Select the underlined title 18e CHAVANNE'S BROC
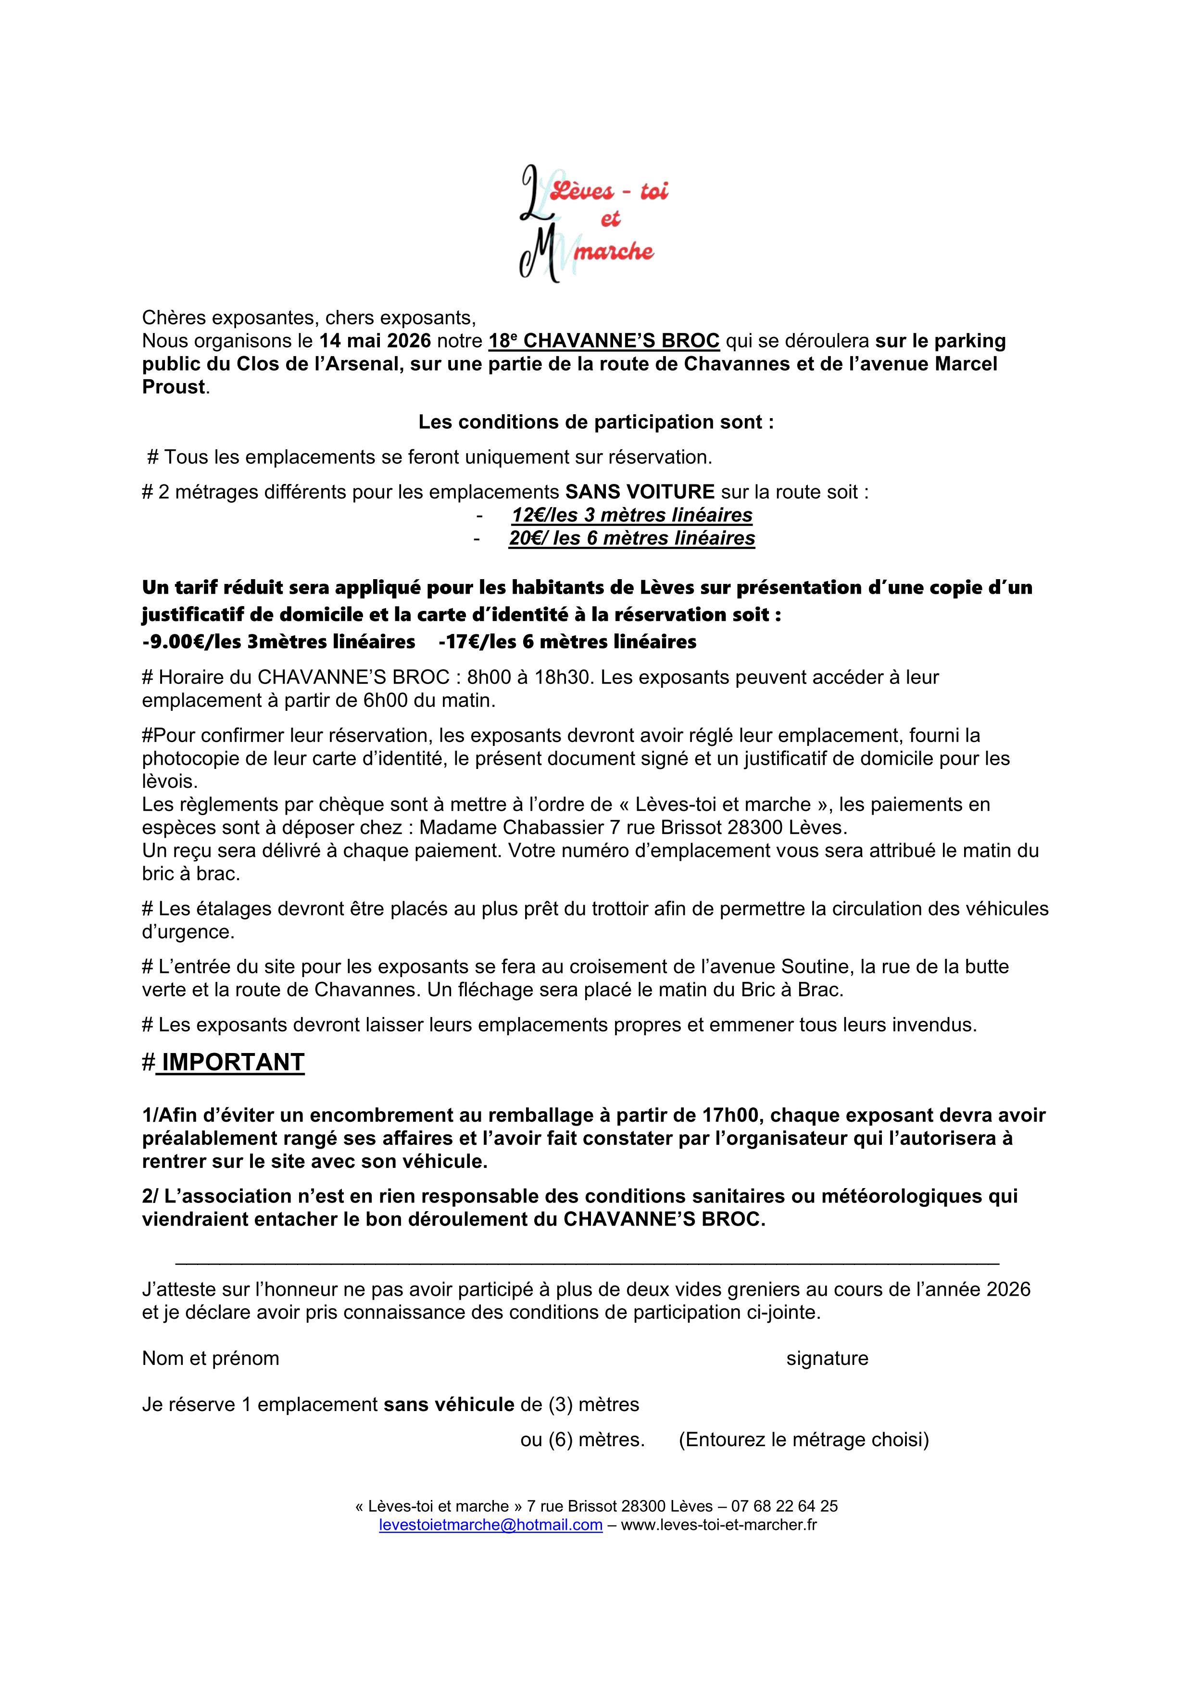(604, 341)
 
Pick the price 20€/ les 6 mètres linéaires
(632, 538)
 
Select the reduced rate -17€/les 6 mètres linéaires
(566, 642)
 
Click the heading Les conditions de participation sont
(596, 422)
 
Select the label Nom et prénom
(211, 1359)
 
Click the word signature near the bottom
(827, 1359)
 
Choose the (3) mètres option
(561, 1405)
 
